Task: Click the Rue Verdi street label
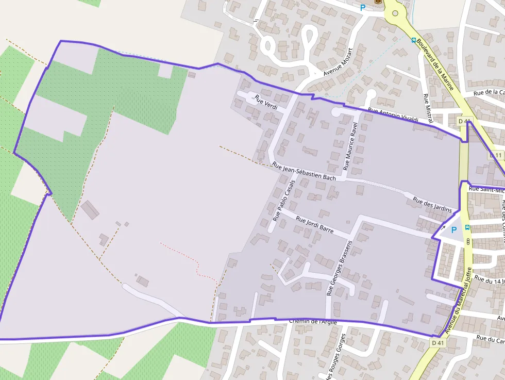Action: click(266, 103)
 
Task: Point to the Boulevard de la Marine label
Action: click(435, 64)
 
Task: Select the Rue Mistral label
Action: click(427, 108)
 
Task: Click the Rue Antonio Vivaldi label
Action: click(393, 115)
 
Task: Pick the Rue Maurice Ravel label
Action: click(351, 146)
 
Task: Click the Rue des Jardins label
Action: click(432, 205)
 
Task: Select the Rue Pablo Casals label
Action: click(284, 201)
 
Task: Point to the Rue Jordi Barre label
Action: click(314, 224)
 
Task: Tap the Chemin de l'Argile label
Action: click(313, 322)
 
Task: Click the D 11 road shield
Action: click(496, 155)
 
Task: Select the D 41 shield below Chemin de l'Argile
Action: click(437, 342)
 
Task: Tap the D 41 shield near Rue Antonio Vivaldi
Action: click(464, 121)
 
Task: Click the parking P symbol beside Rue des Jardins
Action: click(453, 230)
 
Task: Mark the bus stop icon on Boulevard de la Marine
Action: click(413, 40)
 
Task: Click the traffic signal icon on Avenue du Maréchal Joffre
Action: click(468, 241)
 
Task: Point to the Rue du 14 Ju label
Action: click(490, 281)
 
